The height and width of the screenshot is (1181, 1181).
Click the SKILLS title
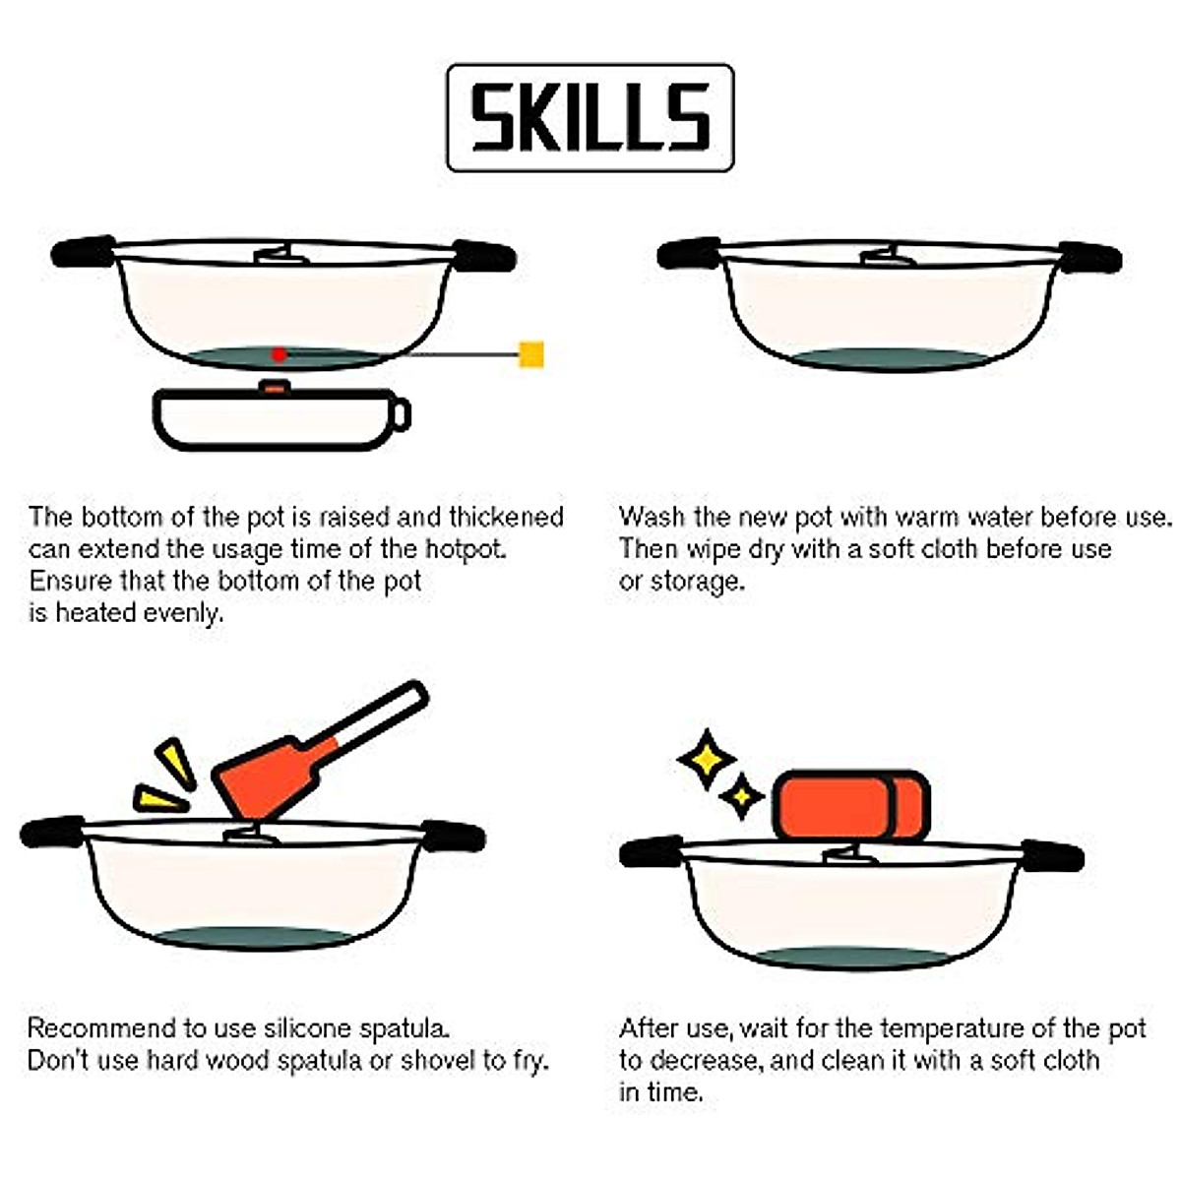coord(590,117)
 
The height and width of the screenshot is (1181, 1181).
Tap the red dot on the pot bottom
coord(280,354)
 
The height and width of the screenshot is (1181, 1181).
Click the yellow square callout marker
coord(530,354)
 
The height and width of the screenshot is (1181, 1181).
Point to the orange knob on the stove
coord(275,388)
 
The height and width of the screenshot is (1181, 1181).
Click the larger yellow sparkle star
coord(707,760)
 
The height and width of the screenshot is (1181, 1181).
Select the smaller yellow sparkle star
coord(742,796)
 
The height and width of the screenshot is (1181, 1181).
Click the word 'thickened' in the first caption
coord(506,518)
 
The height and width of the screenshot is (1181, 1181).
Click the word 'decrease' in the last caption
coord(704,1060)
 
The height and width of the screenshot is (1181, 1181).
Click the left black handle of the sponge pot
coord(652,851)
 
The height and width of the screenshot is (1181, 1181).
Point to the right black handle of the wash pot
coord(1090,258)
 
